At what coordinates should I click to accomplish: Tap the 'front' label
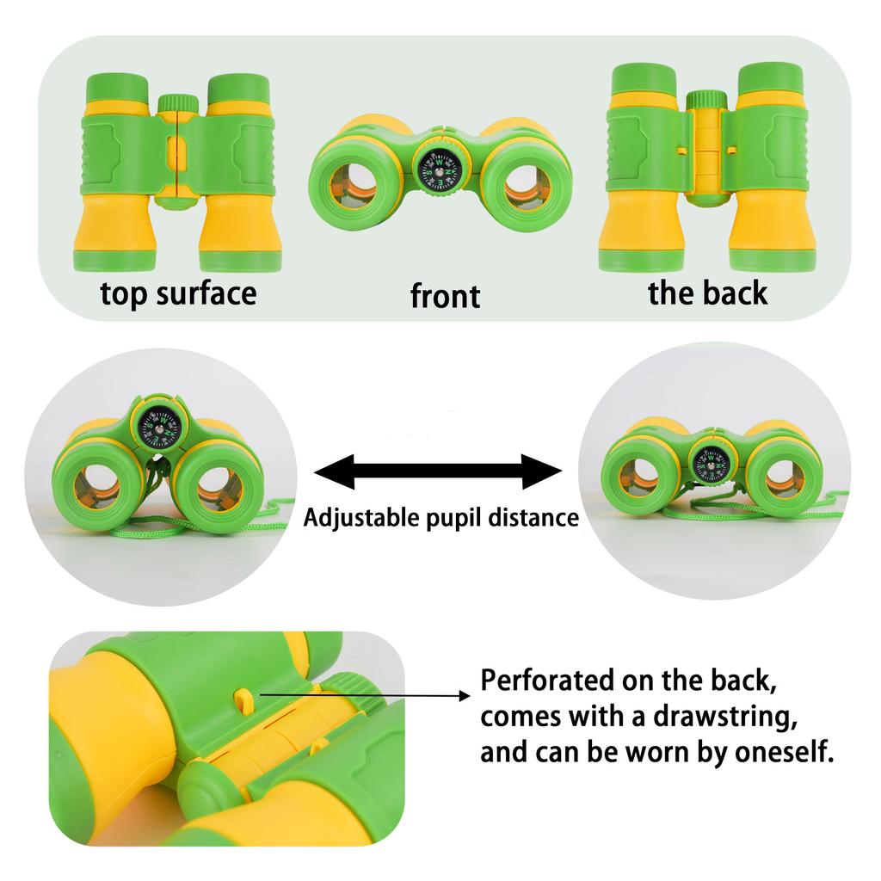445,296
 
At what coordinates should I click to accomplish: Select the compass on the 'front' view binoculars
438,169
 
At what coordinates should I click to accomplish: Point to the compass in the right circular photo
710,464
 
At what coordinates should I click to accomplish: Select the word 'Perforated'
547,680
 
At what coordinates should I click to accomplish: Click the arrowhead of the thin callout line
465,695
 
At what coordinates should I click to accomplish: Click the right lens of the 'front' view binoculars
529,186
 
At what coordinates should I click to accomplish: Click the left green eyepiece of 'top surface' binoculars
117,88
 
